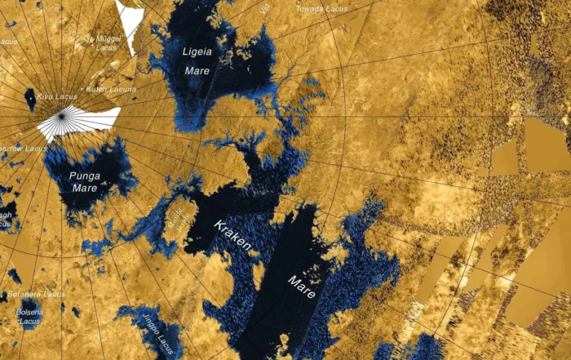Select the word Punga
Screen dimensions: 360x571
tap(83, 176)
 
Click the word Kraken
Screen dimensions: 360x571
tap(232, 234)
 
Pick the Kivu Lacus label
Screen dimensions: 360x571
tap(55, 96)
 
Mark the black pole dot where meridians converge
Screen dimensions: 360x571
tap(62, 117)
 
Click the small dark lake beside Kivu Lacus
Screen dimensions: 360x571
tap(30, 99)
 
